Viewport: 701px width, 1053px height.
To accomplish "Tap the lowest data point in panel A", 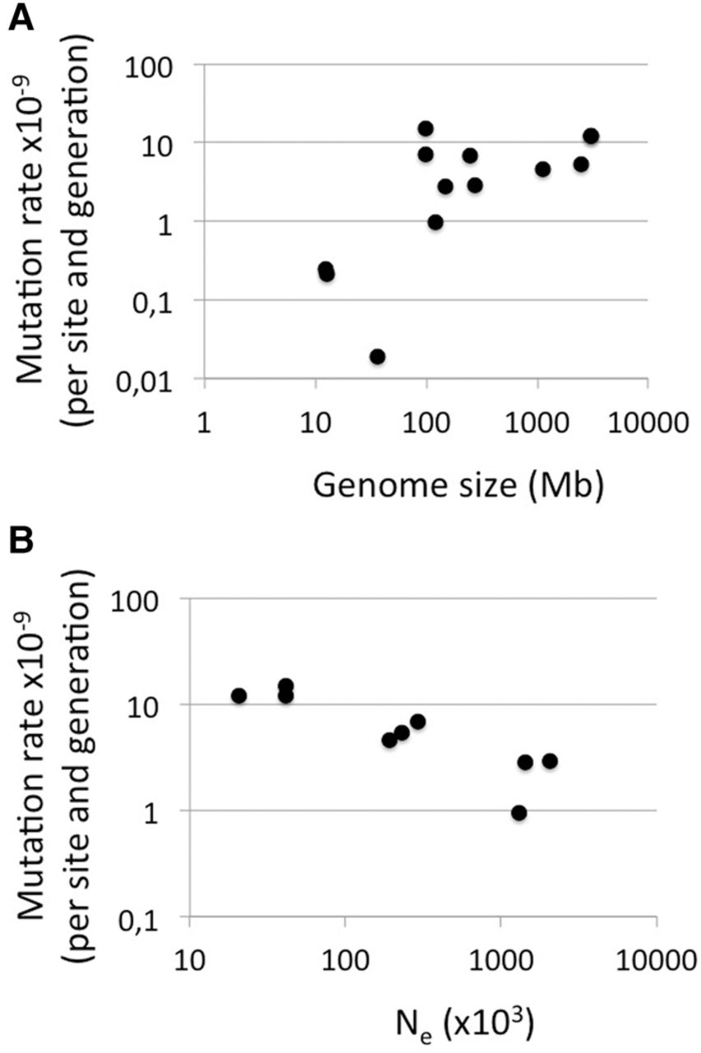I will (x=378, y=356).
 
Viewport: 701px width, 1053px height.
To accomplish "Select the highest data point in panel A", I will (x=425, y=128).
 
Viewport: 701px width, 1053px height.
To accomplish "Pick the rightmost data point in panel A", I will (x=591, y=136).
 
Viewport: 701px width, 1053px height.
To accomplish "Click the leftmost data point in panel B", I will (x=239, y=695).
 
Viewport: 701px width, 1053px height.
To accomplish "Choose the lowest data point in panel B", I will (x=519, y=813).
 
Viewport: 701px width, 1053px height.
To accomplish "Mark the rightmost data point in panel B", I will (x=550, y=761).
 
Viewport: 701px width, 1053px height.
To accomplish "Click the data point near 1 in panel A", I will (x=435, y=222).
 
